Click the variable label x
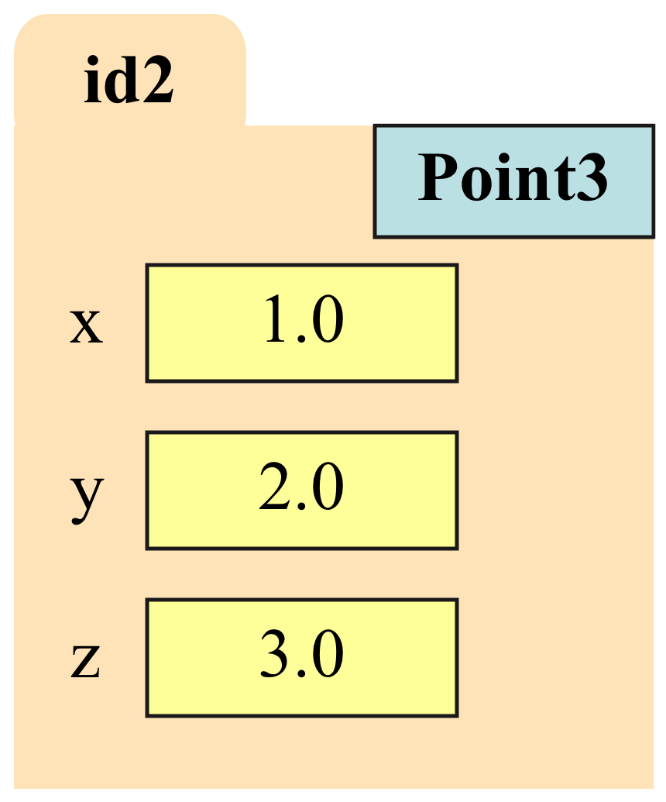click(x=87, y=325)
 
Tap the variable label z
click(x=85, y=661)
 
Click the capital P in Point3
click(x=438, y=177)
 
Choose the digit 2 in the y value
click(x=275, y=486)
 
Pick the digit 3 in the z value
click(x=276, y=654)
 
